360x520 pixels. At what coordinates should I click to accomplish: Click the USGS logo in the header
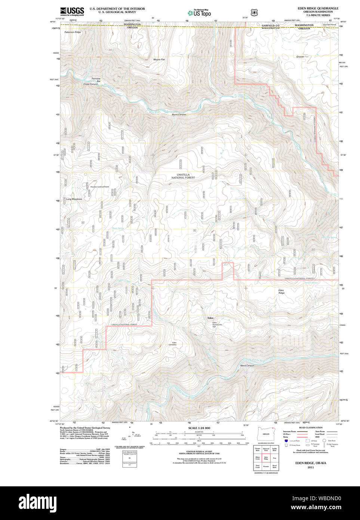point(72,11)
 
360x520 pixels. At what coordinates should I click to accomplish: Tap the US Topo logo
point(199,13)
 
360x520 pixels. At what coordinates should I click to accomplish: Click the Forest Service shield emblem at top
point(255,13)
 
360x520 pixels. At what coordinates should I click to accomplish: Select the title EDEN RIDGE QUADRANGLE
point(318,8)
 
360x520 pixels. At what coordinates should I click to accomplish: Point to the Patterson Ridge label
point(73,32)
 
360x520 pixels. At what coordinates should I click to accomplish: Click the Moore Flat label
point(159,59)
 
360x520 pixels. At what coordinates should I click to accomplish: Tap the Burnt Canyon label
point(179,114)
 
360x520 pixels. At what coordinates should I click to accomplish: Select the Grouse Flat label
point(302,57)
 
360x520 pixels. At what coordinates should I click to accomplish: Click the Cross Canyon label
point(90,84)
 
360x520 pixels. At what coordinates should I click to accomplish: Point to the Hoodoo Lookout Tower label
point(99,187)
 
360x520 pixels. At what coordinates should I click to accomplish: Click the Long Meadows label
point(74,199)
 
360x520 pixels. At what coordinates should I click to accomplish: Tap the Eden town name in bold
point(210,318)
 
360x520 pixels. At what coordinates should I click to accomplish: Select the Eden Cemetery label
point(172,343)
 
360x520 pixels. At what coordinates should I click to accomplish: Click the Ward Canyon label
point(247,365)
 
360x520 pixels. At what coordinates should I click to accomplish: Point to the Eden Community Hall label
point(217,325)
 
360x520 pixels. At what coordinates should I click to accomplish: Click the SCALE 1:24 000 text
point(199,428)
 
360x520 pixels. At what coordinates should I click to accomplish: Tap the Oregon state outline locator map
point(266,434)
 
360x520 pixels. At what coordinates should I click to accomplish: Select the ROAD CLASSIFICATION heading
point(311,428)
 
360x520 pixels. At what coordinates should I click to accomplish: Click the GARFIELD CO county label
point(270,25)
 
